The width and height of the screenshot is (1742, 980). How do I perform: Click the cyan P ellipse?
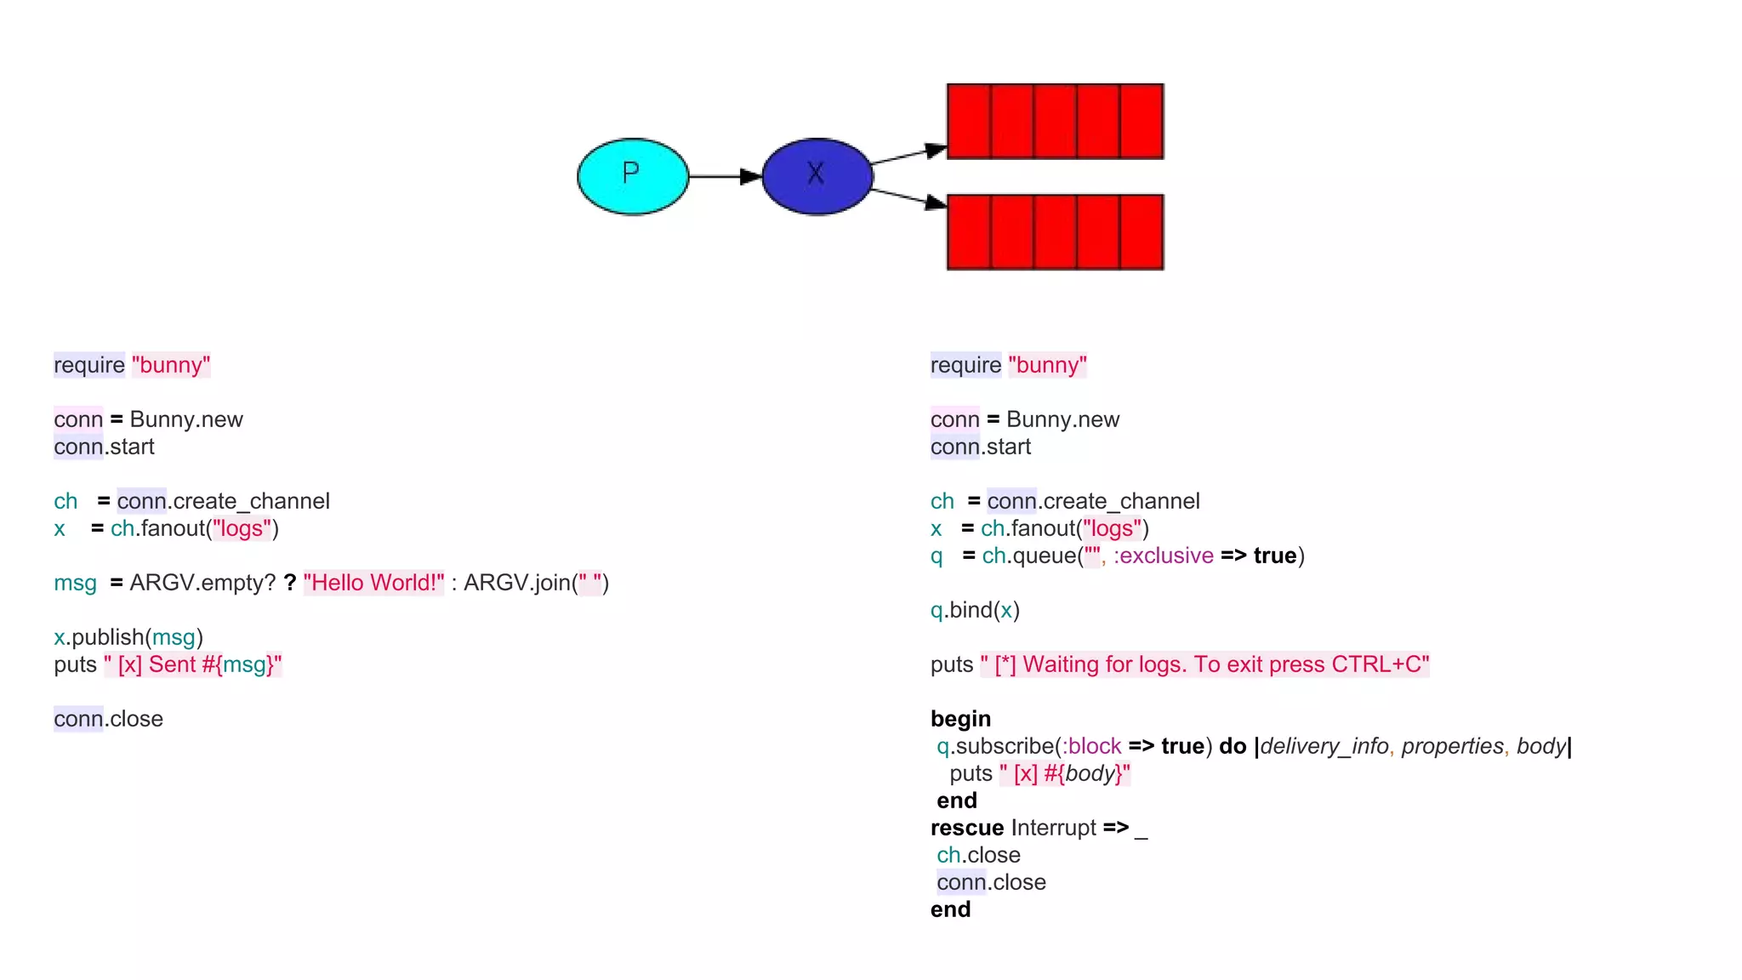pos(633,176)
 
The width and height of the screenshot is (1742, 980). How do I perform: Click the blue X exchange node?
pos(817,176)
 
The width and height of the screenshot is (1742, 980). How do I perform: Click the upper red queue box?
pos(1055,122)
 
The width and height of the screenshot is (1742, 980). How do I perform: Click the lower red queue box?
pos(1055,232)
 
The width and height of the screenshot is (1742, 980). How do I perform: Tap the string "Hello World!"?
pos(373,583)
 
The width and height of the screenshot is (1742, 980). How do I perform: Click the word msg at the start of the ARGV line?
pos(75,583)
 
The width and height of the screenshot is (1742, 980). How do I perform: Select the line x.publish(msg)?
pos(128,637)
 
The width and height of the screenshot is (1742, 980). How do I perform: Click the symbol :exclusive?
pos(1163,556)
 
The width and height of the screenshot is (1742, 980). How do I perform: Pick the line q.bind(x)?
pos(975,610)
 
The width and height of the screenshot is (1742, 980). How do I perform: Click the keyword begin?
pos(960,719)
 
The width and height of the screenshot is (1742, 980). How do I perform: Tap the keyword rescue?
pos(967,828)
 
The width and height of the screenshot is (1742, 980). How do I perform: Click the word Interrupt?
pos(1054,828)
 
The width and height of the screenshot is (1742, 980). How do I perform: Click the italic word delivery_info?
pos(1324,746)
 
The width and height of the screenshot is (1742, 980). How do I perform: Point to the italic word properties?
pos(1452,746)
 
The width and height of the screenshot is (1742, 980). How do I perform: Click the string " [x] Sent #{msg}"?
pos(192,664)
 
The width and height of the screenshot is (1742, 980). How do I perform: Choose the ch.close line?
pos(978,855)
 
